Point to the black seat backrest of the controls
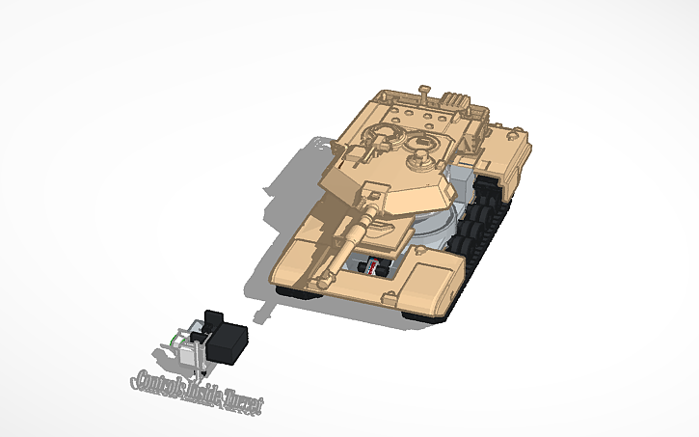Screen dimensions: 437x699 point(213,321)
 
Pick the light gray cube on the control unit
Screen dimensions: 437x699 point(187,356)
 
